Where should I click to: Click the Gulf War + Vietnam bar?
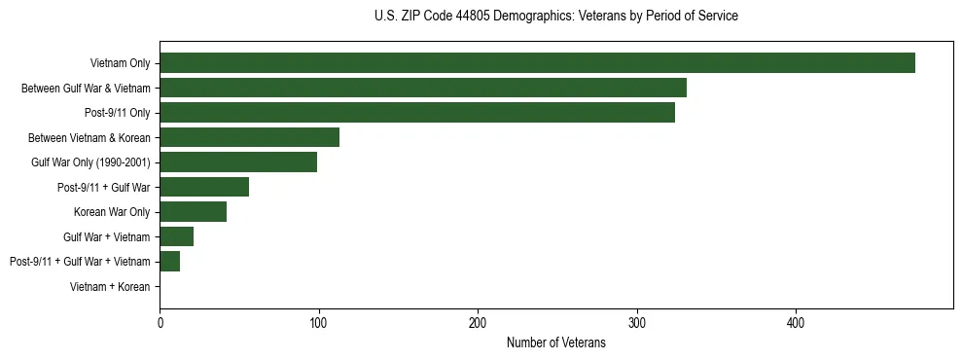click(x=177, y=236)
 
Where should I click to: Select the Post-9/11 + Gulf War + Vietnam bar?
click(x=170, y=261)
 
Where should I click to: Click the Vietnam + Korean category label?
click(x=110, y=287)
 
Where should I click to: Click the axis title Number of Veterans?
click(x=556, y=342)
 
